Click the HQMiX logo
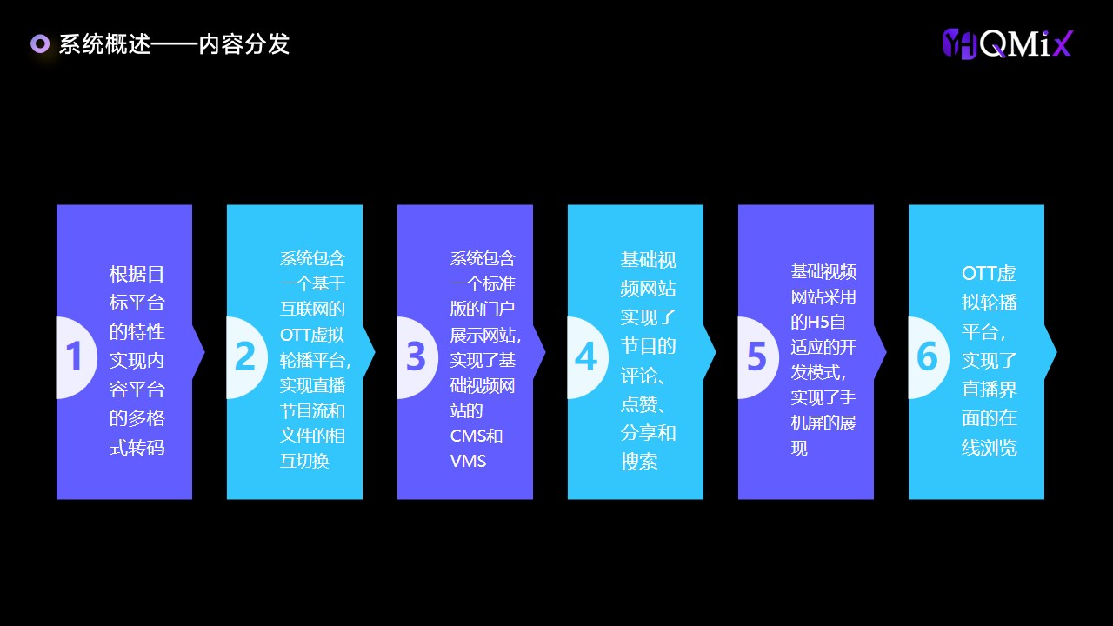click(x=1008, y=43)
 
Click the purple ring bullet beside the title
click(x=40, y=43)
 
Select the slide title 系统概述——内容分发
click(x=174, y=44)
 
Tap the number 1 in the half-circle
click(x=74, y=356)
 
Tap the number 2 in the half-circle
click(x=244, y=356)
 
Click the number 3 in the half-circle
click(x=416, y=356)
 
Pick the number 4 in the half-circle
click(x=586, y=356)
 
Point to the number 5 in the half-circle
click(x=756, y=356)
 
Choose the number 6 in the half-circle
click(x=927, y=356)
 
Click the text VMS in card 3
click(x=468, y=461)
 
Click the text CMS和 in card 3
click(x=476, y=436)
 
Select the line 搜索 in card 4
click(x=639, y=462)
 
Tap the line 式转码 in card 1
click(x=137, y=447)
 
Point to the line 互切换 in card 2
click(x=304, y=461)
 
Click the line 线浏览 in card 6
click(x=990, y=447)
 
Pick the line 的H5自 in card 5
click(x=818, y=322)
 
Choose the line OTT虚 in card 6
click(x=989, y=273)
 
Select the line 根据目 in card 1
click(x=137, y=274)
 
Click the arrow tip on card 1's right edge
click(x=204, y=352)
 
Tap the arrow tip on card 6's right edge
click(x=1056, y=352)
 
